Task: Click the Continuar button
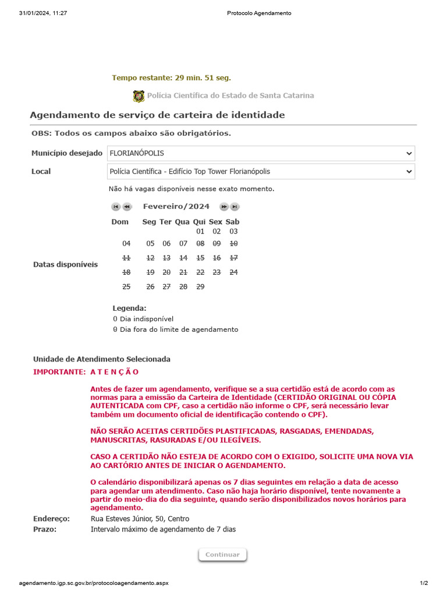click(x=222, y=555)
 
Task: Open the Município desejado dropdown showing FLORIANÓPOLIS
click(x=261, y=153)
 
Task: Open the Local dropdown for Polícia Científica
click(x=261, y=172)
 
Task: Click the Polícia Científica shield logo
click(x=139, y=96)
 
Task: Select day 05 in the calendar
click(x=150, y=243)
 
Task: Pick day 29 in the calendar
click(x=200, y=287)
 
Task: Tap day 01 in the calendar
click(x=200, y=232)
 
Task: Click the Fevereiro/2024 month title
click(x=176, y=207)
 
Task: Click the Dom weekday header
click(x=120, y=222)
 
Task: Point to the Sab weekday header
click(x=232, y=222)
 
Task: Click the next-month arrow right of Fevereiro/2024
click(x=223, y=207)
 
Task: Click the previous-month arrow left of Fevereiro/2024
click(x=127, y=207)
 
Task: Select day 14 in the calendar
click(x=183, y=258)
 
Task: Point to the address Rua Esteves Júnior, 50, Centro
click(x=140, y=519)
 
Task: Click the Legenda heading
click(x=129, y=308)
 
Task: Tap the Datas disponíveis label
click(x=65, y=264)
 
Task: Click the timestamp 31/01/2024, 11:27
click(x=42, y=13)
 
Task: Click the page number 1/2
click(x=423, y=583)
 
